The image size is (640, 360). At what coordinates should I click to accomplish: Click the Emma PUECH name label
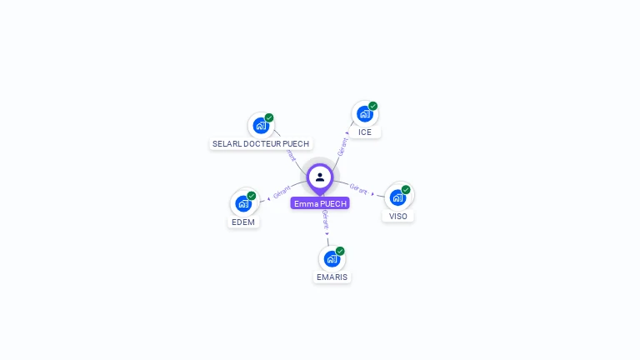coord(320,203)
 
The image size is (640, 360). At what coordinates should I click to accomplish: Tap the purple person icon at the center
coord(320,177)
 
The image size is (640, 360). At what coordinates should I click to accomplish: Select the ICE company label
coord(365,132)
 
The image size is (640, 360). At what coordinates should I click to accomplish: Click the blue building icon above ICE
coord(364,113)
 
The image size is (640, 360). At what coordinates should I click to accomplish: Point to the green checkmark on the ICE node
coord(372,106)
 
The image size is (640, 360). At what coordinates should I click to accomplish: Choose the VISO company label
coord(398,216)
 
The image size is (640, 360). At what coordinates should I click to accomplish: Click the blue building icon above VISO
coord(397,197)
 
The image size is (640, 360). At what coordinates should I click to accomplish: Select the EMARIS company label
coord(332,277)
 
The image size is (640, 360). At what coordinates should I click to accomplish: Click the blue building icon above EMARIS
coord(332,258)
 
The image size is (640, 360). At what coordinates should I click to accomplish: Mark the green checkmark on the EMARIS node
coord(340,251)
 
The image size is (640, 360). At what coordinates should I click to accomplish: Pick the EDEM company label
coord(243,222)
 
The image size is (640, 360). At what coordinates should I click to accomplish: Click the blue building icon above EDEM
coord(243,203)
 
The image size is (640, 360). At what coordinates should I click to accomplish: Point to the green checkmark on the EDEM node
coord(252,196)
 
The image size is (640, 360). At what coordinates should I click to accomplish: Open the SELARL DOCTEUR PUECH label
coord(261,143)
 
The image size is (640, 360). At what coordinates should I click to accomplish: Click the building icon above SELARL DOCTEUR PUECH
coord(261,126)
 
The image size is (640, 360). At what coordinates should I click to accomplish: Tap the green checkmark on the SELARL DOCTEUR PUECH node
coord(269,117)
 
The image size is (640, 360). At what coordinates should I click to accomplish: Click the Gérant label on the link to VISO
coord(359,189)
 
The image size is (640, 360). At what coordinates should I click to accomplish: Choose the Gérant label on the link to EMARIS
coord(325,220)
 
